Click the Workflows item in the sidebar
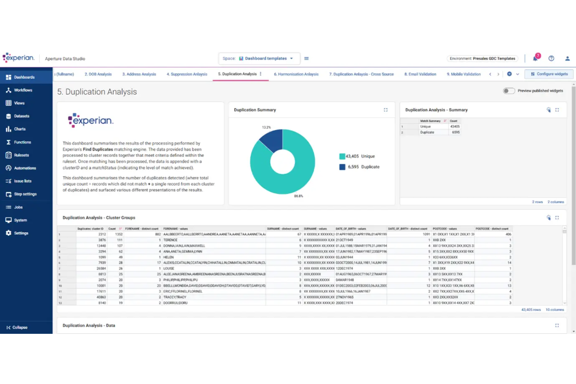tap(23, 90)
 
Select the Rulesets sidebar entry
tap(21, 155)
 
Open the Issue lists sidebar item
tap(23, 181)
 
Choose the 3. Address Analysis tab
tap(139, 74)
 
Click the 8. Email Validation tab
tap(420, 74)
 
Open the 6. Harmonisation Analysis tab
tap(296, 74)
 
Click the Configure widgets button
tap(549, 74)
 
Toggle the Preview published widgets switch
tap(509, 91)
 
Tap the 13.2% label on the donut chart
tap(266, 128)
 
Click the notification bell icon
tap(535, 58)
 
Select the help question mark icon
tap(551, 58)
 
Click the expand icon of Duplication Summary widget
tap(386, 110)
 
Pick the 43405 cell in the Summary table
tap(455, 126)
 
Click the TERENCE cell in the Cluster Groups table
tap(170, 240)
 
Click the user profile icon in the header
tap(567, 58)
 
